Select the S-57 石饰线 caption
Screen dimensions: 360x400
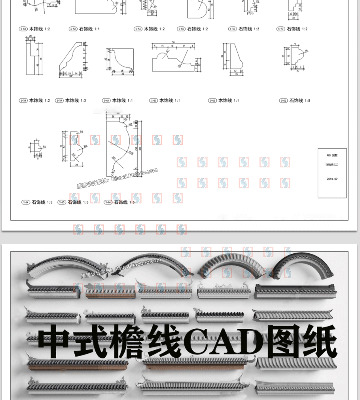(293, 29)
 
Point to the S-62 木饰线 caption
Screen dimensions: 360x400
(224, 101)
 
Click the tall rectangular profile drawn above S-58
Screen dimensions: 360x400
(31, 59)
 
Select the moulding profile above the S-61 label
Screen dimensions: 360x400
(174, 61)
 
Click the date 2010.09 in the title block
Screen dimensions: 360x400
(332, 179)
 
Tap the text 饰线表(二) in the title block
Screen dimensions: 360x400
(332, 164)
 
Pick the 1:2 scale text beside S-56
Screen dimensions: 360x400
(256, 29)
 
